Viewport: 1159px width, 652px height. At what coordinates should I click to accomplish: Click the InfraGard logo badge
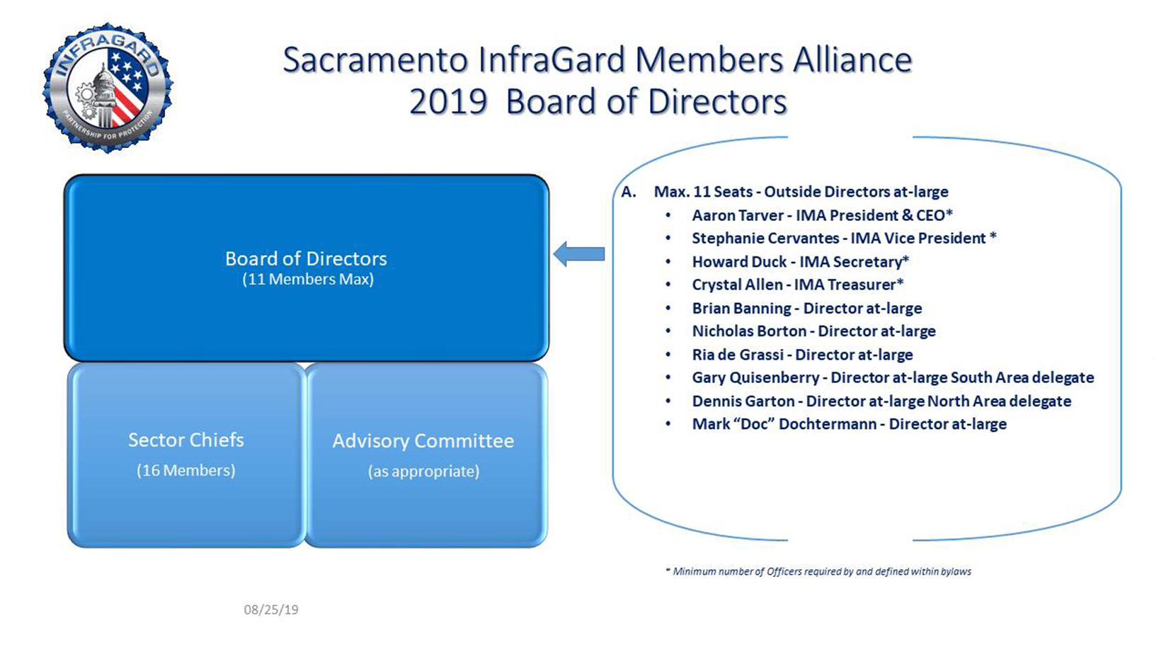point(108,87)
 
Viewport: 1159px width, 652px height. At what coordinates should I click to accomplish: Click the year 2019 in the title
point(448,102)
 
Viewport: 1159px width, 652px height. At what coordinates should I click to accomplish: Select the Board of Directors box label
point(306,258)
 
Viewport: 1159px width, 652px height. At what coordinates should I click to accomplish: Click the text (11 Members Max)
point(308,280)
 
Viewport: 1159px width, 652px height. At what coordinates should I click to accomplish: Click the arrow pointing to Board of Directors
point(578,253)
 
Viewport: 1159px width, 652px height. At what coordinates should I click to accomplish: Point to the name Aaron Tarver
point(737,215)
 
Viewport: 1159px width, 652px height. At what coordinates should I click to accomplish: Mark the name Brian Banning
point(741,309)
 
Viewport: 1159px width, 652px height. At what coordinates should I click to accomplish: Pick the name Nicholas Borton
point(748,331)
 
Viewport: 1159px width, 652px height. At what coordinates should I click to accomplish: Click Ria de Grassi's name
point(737,355)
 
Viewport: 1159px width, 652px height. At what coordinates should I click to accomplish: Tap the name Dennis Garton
point(743,401)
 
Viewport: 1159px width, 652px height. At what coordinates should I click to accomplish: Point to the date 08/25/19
point(271,610)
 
